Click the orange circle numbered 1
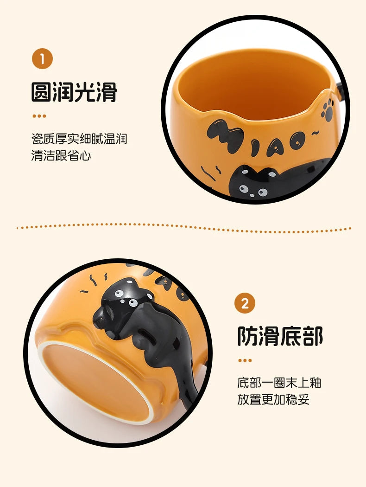(x=42, y=59)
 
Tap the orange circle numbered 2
(x=245, y=304)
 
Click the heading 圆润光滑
(x=74, y=92)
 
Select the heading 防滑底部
(x=280, y=336)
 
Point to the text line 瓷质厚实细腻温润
(x=79, y=138)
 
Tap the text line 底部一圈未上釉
(x=279, y=383)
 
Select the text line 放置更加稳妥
(x=273, y=400)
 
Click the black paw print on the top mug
(x=328, y=109)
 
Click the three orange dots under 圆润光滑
(x=39, y=116)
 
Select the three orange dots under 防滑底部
(x=245, y=360)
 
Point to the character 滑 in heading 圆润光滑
(x=106, y=92)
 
